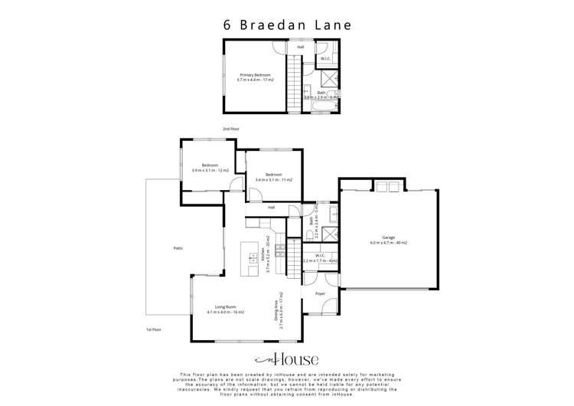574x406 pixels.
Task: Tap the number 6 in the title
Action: pos(227,24)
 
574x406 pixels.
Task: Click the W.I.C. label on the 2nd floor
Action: pos(325,58)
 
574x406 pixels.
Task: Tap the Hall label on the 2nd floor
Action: pos(301,46)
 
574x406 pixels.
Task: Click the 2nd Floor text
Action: pos(231,129)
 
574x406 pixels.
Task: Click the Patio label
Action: pos(178,249)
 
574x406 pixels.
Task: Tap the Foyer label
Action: pos(321,293)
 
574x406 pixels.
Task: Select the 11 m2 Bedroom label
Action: pos(273,175)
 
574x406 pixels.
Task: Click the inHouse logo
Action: pos(286,359)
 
